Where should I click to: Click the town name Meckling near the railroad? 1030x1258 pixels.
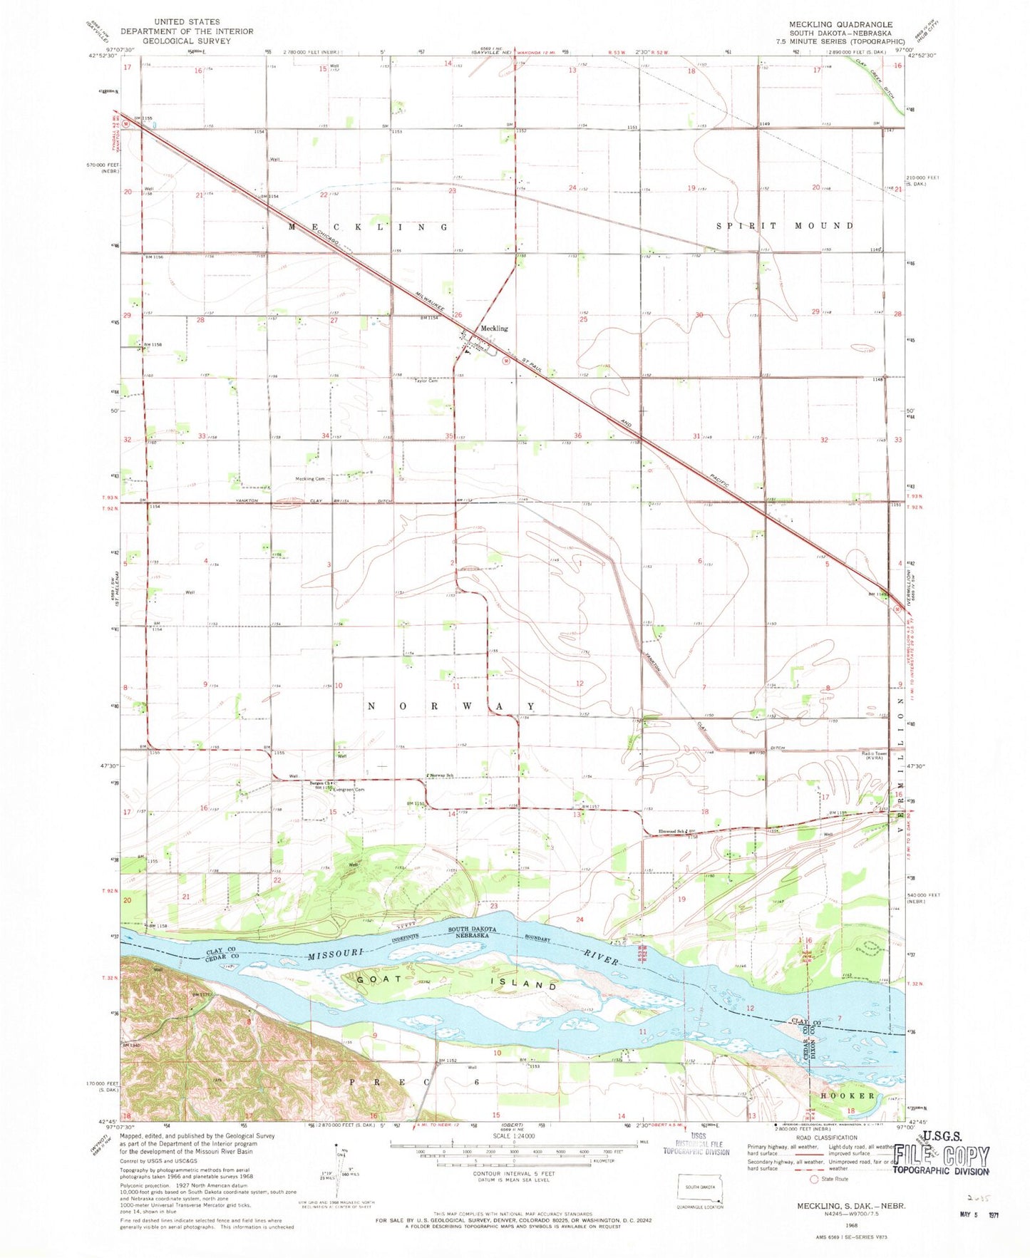pyautogui.click(x=494, y=329)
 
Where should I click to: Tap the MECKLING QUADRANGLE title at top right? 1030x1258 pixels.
pyautogui.click(x=840, y=25)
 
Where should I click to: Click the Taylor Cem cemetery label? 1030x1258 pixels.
pyautogui.click(x=426, y=381)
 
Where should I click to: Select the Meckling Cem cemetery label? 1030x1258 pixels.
pyautogui.click(x=310, y=479)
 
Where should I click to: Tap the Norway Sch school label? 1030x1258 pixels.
pyautogui.click(x=441, y=775)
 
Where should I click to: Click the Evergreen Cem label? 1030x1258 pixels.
pyautogui.click(x=350, y=789)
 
